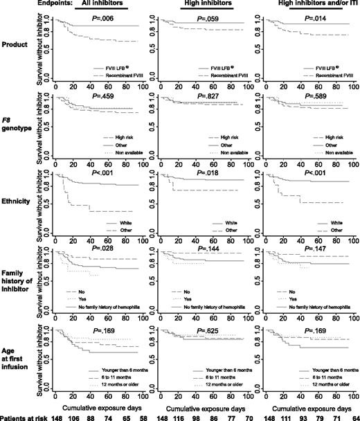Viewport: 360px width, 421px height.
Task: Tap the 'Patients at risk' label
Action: coord(23,415)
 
